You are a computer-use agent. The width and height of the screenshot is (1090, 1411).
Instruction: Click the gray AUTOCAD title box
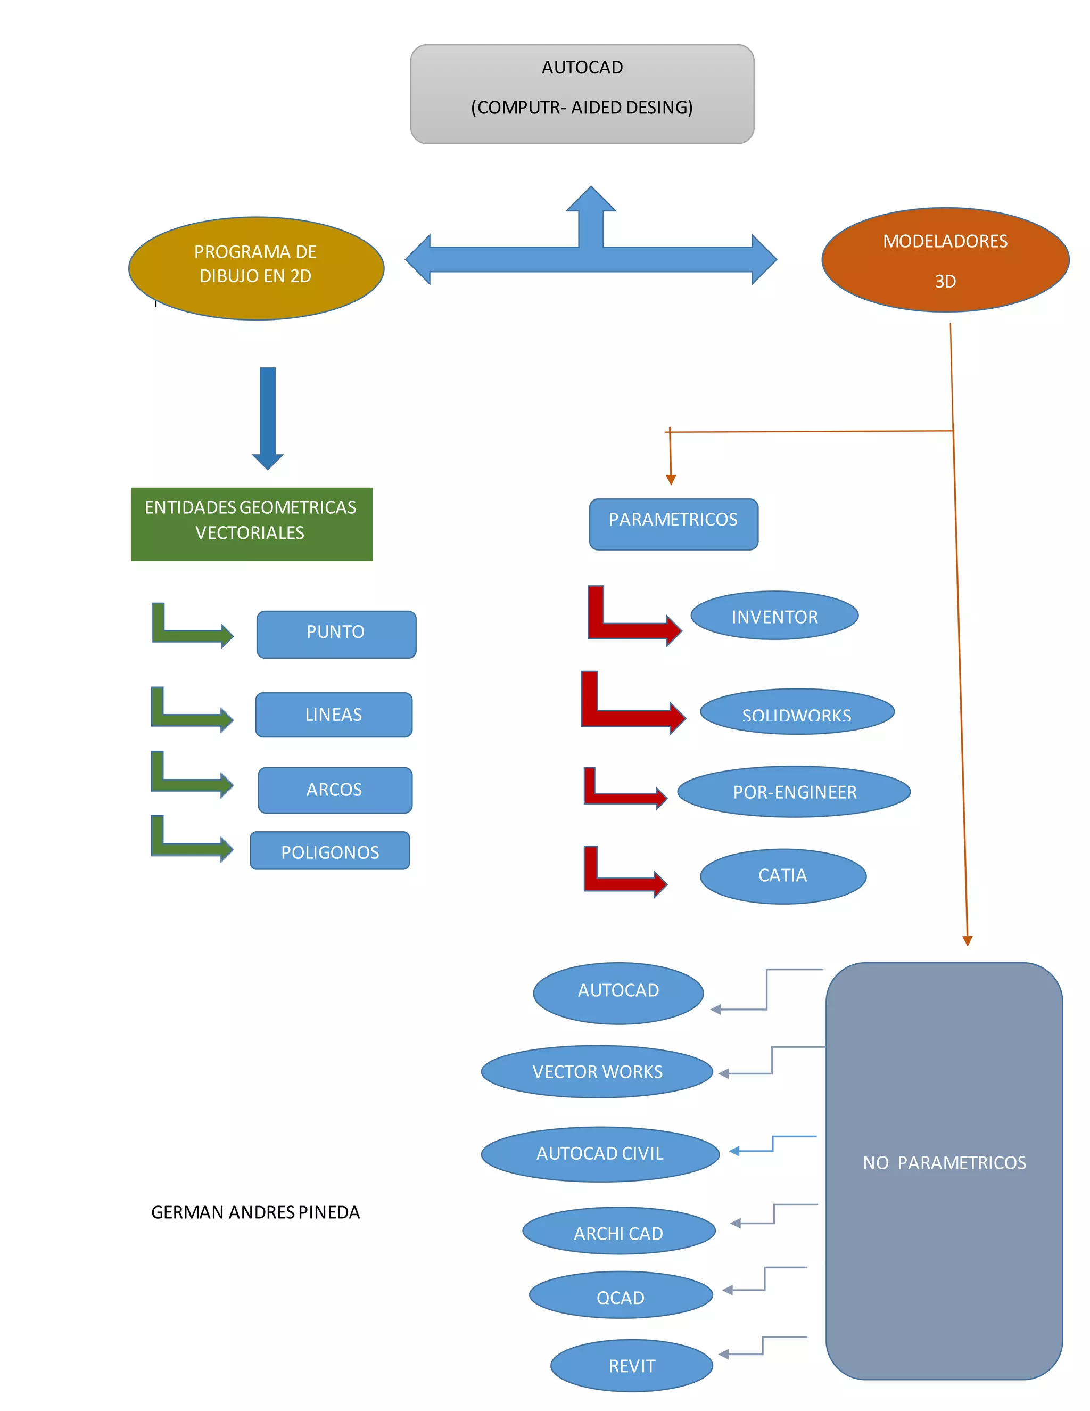pyautogui.click(x=582, y=94)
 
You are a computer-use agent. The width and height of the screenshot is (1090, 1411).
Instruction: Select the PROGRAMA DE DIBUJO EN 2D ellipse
pyautogui.click(x=257, y=268)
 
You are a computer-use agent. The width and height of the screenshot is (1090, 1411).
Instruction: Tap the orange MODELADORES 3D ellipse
pyautogui.click(x=945, y=260)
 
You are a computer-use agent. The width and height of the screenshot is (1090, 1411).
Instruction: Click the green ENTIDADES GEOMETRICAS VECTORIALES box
pyautogui.click(x=251, y=524)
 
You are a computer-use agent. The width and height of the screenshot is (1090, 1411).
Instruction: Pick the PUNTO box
pyautogui.click(x=336, y=634)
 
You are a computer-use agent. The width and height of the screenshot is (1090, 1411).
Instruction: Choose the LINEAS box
pyautogui.click(x=333, y=715)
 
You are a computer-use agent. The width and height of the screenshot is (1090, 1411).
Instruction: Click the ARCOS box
pyautogui.click(x=334, y=790)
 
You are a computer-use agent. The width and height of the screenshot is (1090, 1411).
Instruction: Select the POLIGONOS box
pyautogui.click(x=329, y=851)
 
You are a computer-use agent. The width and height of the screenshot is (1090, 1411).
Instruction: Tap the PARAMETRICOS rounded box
pyautogui.click(x=673, y=524)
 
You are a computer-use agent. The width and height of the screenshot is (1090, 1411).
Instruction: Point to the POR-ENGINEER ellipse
pyautogui.click(x=794, y=791)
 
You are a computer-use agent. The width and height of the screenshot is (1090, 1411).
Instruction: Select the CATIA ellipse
pyautogui.click(x=782, y=876)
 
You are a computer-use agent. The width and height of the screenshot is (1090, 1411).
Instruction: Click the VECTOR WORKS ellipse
pyautogui.click(x=597, y=1071)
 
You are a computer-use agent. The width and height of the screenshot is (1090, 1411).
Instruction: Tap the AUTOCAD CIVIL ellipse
pyautogui.click(x=600, y=1154)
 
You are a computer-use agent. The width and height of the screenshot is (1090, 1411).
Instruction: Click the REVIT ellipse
pyautogui.click(x=632, y=1365)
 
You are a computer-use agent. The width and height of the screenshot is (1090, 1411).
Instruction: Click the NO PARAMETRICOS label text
pyautogui.click(x=944, y=1163)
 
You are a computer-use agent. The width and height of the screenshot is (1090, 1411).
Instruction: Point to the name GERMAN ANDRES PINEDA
pyautogui.click(x=255, y=1212)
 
